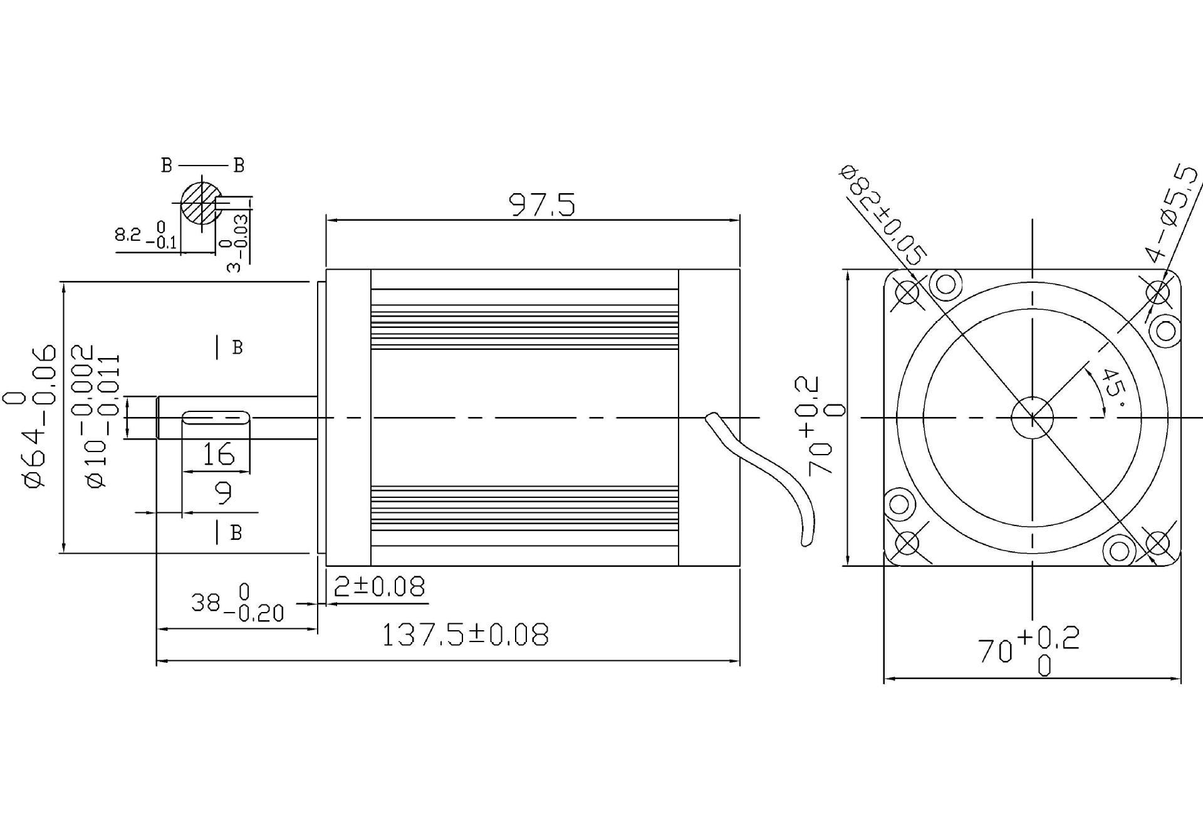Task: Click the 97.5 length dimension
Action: pyautogui.click(x=541, y=204)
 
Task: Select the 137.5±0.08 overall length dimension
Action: pyautogui.click(x=465, y=635)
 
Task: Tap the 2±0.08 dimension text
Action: pyautogui.click(x=379, y=586)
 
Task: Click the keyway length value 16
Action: pyautogui.click(x=218, y=454)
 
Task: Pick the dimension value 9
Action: pyautogui.click(x=223, y=493)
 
